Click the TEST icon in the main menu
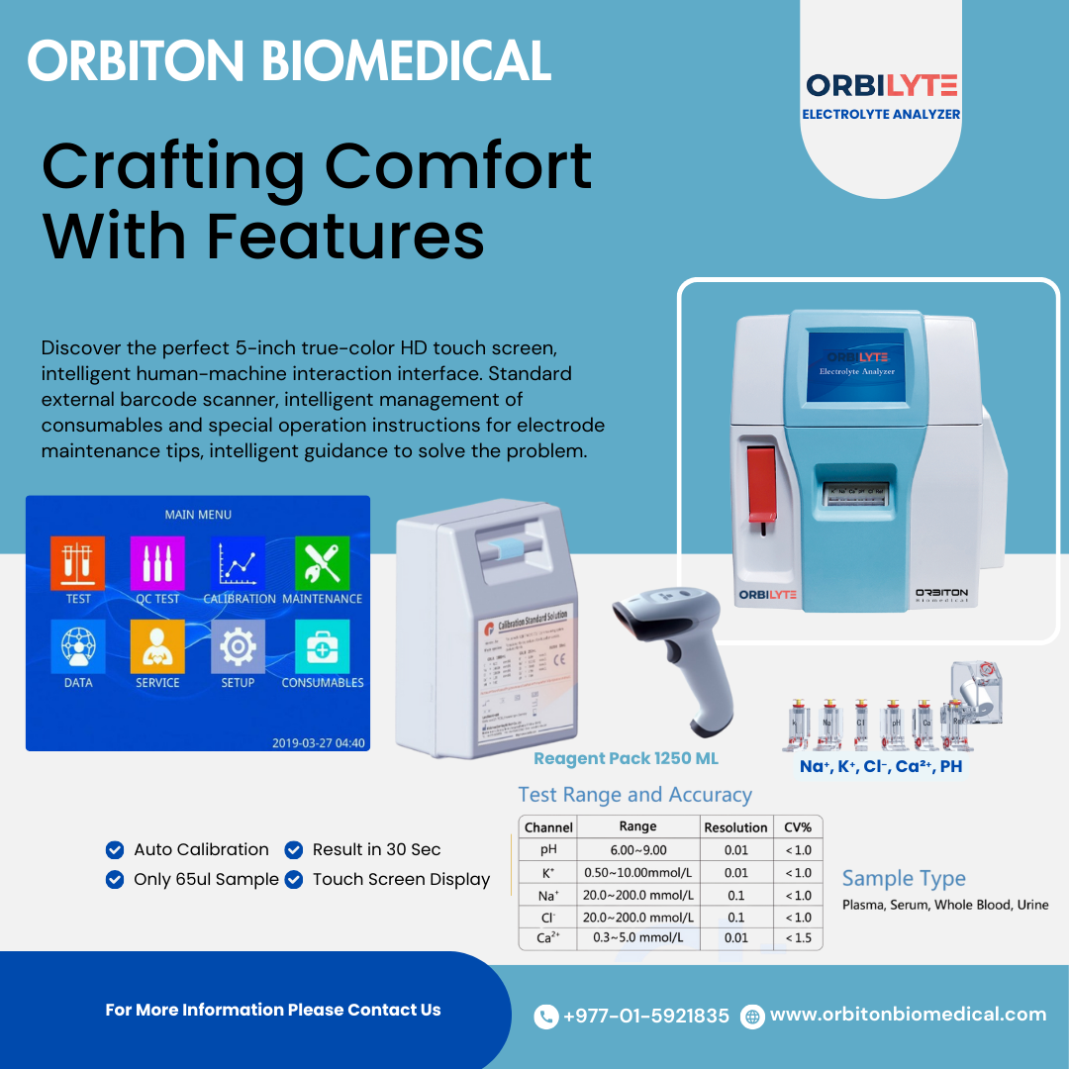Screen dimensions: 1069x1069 click(77, 563)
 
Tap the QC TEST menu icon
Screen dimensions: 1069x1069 click(157, 563)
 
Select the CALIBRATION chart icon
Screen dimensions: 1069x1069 click(238, 563)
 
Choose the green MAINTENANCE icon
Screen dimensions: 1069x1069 click(322, 563)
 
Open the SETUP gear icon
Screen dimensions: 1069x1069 click(238, 646)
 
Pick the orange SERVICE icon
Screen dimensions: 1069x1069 click(157, 646)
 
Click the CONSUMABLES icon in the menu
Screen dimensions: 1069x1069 click(322, 646)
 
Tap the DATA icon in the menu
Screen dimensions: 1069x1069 click(77, 646)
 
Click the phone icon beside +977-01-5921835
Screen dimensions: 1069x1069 click(545, 1017)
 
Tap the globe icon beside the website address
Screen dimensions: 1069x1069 click(753, 1016)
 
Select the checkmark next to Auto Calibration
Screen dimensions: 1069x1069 click(115, 849)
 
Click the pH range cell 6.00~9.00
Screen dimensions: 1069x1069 click(637, 849)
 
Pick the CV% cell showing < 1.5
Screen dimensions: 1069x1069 click(798, 937)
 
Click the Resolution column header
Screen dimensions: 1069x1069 click(735, 827)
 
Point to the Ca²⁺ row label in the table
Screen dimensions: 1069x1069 click(547, 937)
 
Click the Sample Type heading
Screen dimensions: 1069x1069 click(903, 879)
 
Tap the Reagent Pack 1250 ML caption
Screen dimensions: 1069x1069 click(626, 759)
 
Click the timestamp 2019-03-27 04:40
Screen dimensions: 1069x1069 click(318, 742)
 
